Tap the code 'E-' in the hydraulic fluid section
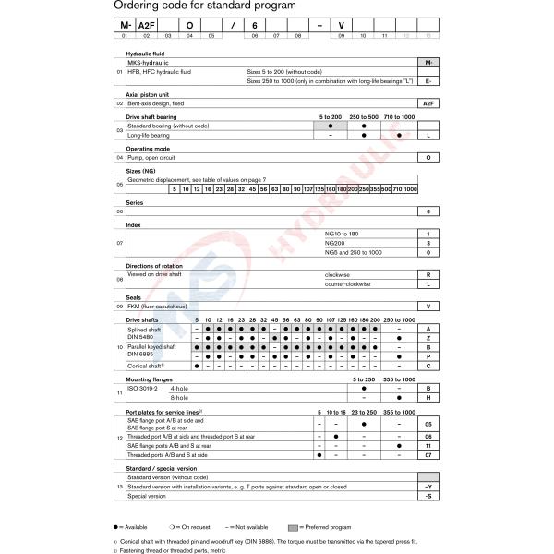tap(426, 80)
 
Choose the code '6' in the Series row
tap(426, 211)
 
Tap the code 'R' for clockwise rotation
tap(426, 274)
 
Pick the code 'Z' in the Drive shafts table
tap(426, 337)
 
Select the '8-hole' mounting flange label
tap(200, 398)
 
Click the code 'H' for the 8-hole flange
tap(426, 398)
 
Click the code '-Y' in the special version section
tap(426, 487)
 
